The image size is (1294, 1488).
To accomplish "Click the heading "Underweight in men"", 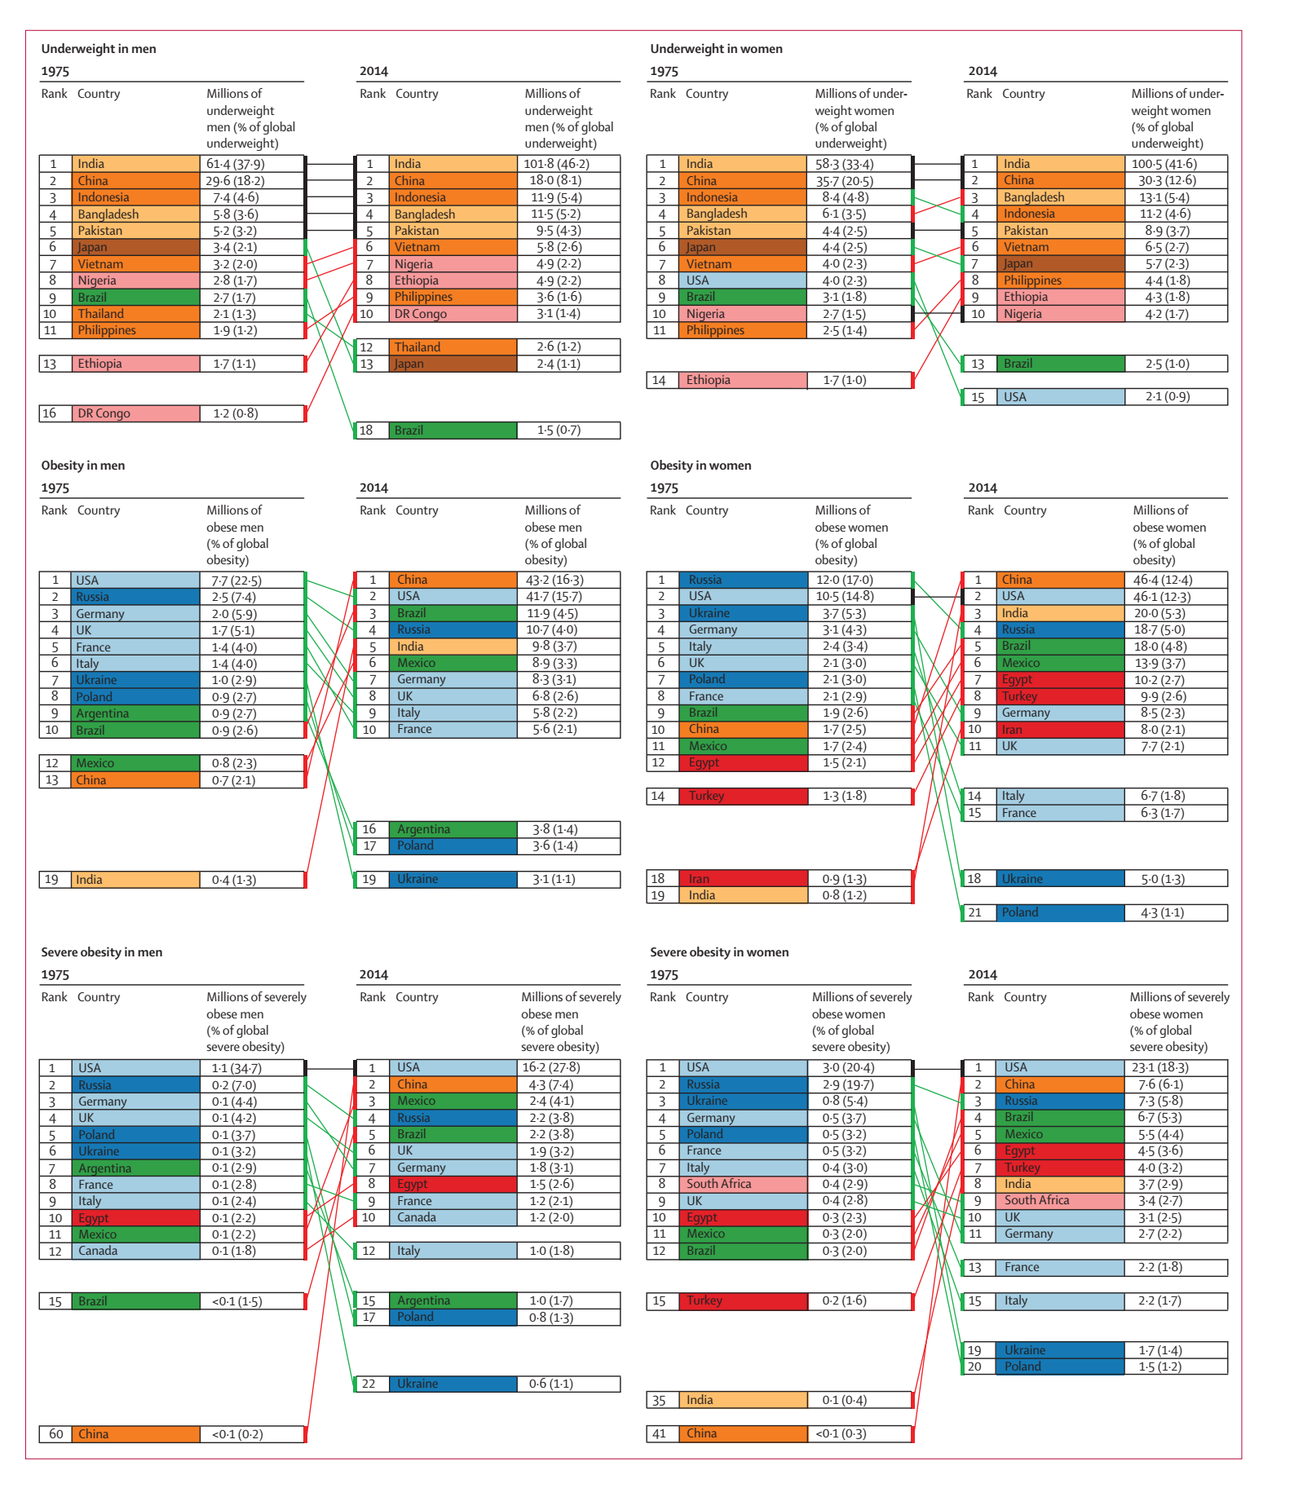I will pyautogui.click(x=99, y=49).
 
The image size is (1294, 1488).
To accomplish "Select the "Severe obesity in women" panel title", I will pyautogui.click(x=719, y=952).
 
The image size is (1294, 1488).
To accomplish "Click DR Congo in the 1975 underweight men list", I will pyautogui.click(x=104, y=413).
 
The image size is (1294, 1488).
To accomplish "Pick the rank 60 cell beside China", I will pyautogui.click(x=56, y=1434).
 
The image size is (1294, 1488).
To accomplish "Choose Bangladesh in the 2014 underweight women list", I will pyautogui.click(x=1034, y=197).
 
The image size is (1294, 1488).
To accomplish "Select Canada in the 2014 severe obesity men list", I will pyautogui.click(x=417, y=1217).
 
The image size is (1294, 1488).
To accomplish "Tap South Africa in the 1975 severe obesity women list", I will pyautogui.click(x=718, y=1184).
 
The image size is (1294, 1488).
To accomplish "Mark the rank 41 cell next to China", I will pyautogui.click(x=660, y=1433).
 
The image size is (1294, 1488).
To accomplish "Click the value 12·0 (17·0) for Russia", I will pyautogui.click(x=844, y=580).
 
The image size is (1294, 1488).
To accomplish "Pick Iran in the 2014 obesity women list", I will pyautogui.click(x=1012, y=730).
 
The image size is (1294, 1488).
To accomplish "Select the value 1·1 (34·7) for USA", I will pyautogui.click(x=236, y=1068).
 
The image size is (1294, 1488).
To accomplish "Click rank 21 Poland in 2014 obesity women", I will pyautogui.click(x=1020, y=912).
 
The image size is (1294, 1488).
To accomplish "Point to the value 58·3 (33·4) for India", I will pyautogui.click(x=844, y=164).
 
